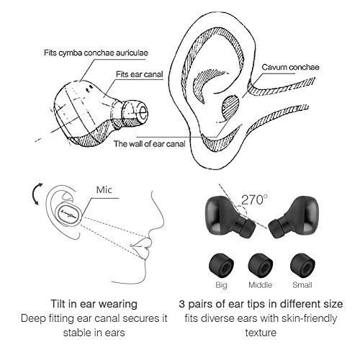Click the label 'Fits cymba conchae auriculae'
pos(96,53)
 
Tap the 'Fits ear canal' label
pos(140,74)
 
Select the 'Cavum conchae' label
pos(290,67)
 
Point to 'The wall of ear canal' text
pos(150,144)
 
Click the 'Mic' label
pos(104,190)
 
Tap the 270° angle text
pos(254,199)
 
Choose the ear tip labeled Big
pos(222,266)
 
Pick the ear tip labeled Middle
pos(261,266)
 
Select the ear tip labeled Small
pos(302,266)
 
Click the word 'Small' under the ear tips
pos(302,285)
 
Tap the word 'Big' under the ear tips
pos(221,285)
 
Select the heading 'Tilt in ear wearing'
pos(94,304)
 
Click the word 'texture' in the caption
pos(261,333)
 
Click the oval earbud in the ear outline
pos(70,213)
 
